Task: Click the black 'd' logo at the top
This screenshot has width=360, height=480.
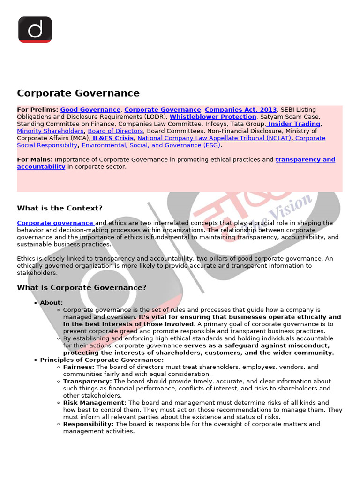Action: tap(35, 29)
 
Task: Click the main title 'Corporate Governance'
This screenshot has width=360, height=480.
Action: tap(78, 93)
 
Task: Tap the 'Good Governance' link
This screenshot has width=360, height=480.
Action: tap(90, 110)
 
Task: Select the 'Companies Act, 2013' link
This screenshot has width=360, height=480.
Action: tap(240, 110)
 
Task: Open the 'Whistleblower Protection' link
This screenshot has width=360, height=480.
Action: tap(213, 117)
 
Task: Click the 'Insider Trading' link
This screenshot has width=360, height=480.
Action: tap(294, 124)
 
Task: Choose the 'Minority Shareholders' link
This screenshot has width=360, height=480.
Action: tap(50, 131)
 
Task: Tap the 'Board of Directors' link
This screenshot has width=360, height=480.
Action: tap(115, 131)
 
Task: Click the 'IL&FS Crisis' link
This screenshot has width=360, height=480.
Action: tap(113, 138)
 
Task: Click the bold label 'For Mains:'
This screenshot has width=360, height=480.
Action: tap(35, 159)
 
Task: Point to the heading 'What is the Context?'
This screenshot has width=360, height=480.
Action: tap(60, 208)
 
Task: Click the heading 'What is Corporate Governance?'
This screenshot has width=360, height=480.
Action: tap(82, 287)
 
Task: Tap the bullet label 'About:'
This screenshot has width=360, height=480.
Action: tap(52, 303)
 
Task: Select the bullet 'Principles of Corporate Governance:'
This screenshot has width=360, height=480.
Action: tap(102, 360)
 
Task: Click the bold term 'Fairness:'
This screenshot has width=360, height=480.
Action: tap(79, 367)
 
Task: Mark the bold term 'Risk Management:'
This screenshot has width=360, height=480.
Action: tap(95, 403)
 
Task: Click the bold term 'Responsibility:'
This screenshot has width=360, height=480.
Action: tap(89, 424)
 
